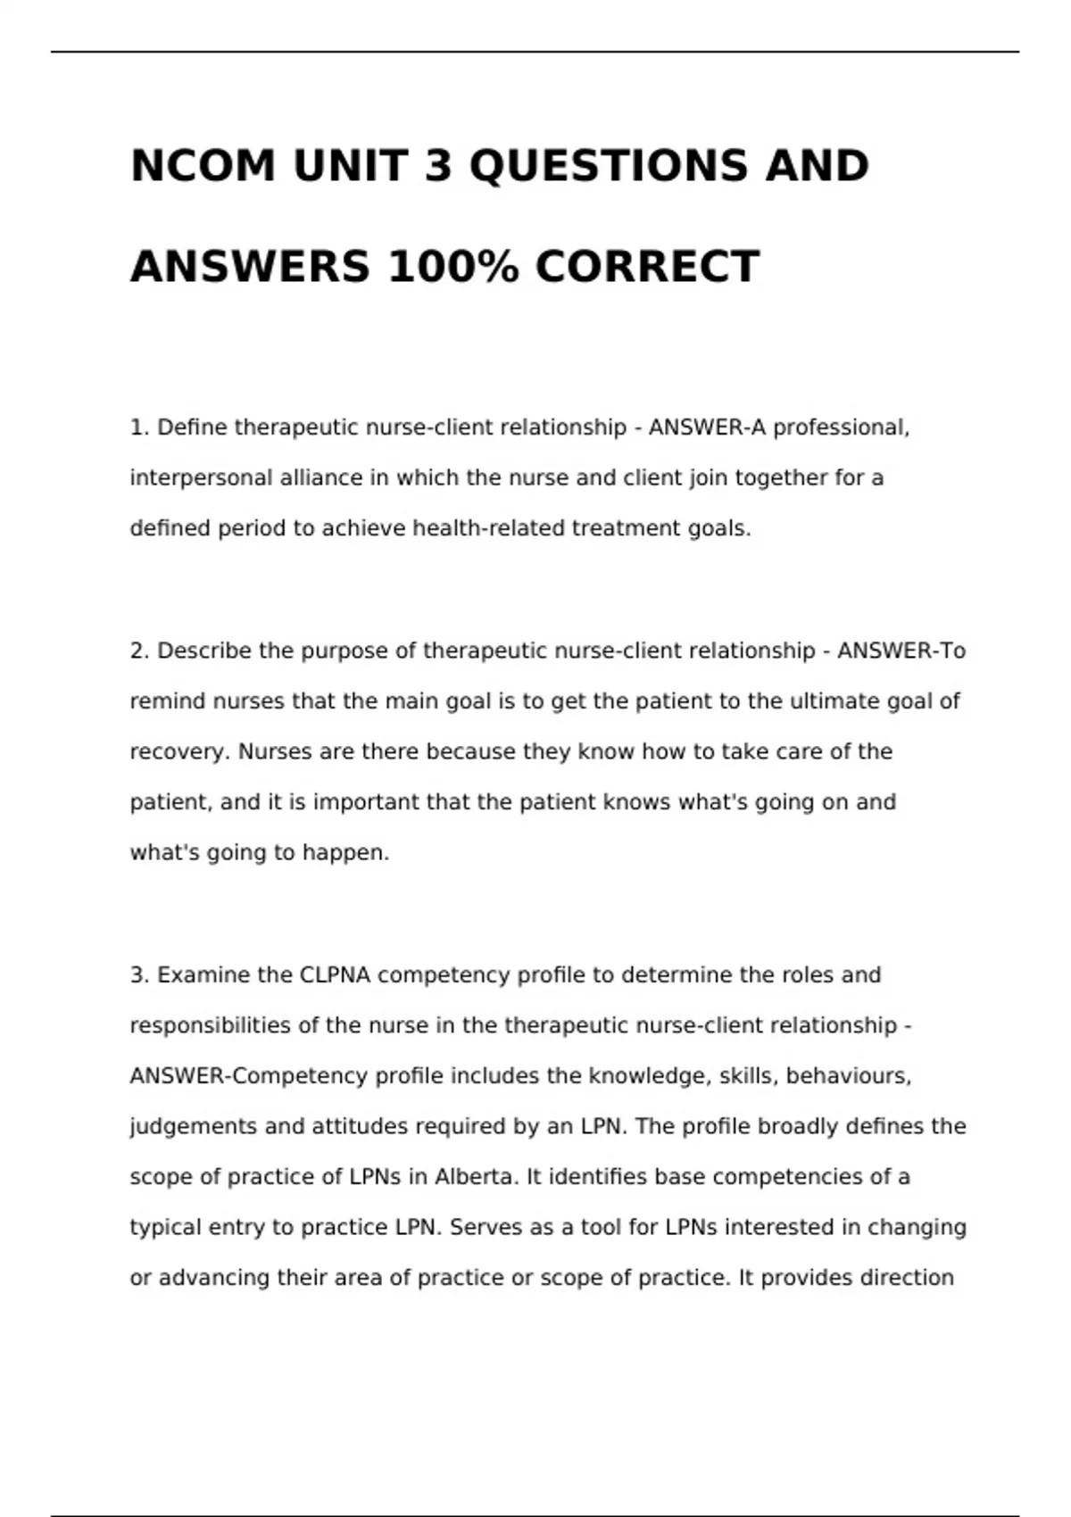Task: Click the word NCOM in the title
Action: [203, 166]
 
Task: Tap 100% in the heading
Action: [452, 267]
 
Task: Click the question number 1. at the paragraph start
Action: [139, 427]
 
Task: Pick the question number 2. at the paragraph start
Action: [139, 651]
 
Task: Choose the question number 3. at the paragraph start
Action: [139, 974]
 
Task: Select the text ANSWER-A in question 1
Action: [707, 427]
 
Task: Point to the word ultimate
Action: [834, 701]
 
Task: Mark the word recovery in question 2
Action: [179, 751]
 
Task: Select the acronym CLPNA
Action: [335, 974]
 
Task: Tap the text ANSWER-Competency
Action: [249, 1076]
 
